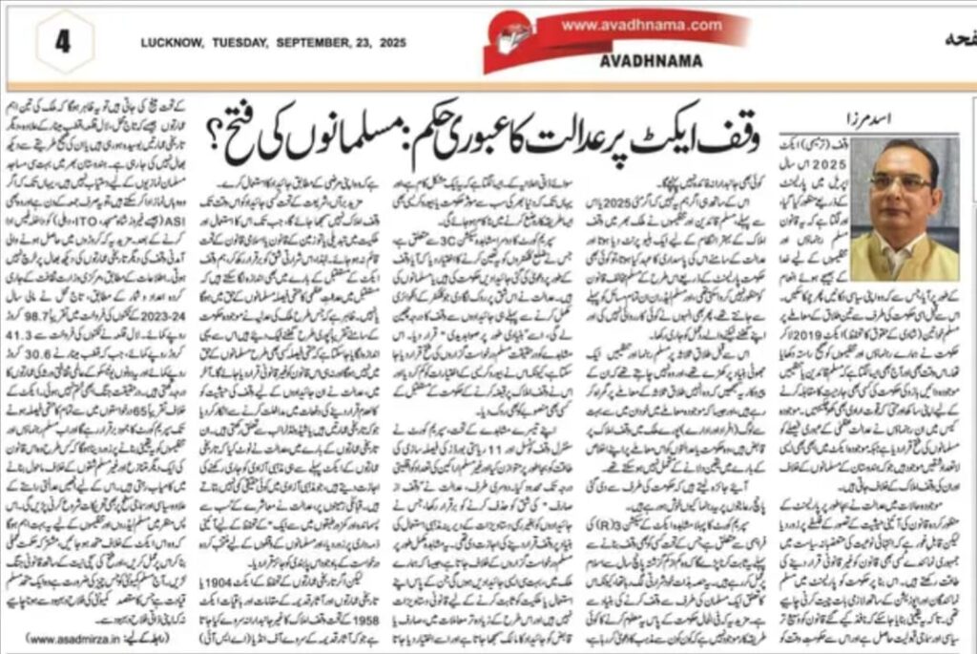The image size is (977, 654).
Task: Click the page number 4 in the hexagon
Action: [63, 44]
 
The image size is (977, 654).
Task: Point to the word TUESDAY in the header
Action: [239, 43]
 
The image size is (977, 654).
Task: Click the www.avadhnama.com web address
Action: [641, 25]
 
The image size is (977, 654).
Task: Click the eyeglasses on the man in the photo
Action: [900, 180]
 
